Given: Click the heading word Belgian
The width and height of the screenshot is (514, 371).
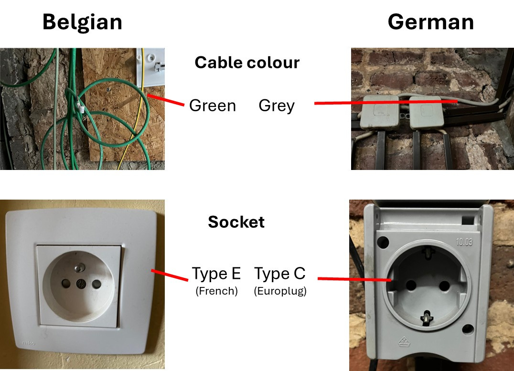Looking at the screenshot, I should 82,22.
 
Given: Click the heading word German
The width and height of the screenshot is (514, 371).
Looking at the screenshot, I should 430,22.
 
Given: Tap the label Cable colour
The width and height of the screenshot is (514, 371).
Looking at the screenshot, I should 247,63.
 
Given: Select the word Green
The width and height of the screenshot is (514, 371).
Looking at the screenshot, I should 213,106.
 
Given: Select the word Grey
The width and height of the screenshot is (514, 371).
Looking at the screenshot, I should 277,106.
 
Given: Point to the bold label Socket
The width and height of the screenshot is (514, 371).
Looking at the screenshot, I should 236,222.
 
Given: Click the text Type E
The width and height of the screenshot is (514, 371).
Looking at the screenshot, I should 216,274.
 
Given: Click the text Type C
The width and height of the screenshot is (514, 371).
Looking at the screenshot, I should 279,274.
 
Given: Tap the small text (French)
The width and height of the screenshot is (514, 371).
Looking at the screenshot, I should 216,291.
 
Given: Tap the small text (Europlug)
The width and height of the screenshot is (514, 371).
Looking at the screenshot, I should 280,291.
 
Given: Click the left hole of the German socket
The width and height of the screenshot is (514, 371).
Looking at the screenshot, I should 410,286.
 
